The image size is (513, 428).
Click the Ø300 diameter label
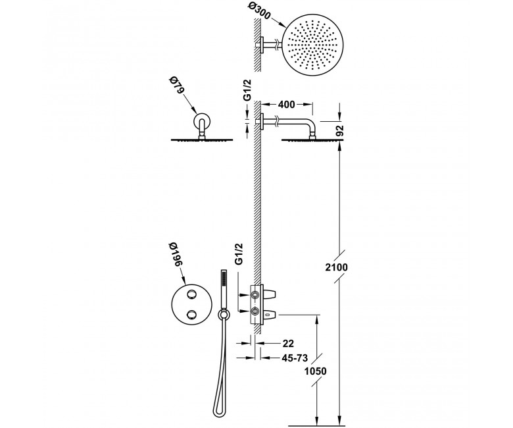(x=258, y=10)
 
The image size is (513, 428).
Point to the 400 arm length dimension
(x=286, y=105)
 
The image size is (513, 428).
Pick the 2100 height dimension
(x=336, y=267)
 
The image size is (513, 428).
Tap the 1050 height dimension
(x=316, y=371)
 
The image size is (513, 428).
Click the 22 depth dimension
(x=288, y=344)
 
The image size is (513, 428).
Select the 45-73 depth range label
(x=295, y=358)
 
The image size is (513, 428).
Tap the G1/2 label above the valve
(x=239, y=254)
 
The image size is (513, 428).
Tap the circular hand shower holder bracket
(x=224, y=315)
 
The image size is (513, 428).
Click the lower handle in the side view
(x=270, y=314)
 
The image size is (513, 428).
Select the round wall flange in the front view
(x=201, y=121)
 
